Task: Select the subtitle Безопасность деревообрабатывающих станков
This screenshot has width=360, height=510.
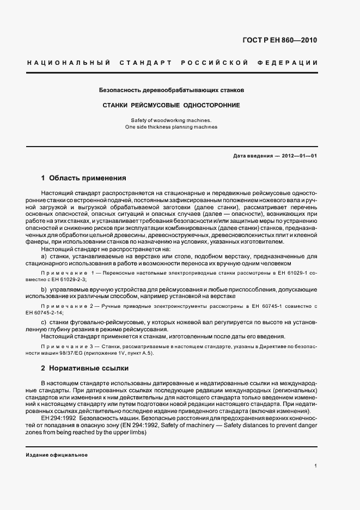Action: [171, 89]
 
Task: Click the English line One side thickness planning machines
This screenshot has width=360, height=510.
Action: [171, 127]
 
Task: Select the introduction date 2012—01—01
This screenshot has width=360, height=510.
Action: [300, 156]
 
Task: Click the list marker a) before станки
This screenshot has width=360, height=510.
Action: [44, 256]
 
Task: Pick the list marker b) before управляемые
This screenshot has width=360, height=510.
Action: [44, 288]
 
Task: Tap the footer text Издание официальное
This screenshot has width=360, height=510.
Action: [57, 454]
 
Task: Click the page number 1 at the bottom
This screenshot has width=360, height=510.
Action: [316, 466]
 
